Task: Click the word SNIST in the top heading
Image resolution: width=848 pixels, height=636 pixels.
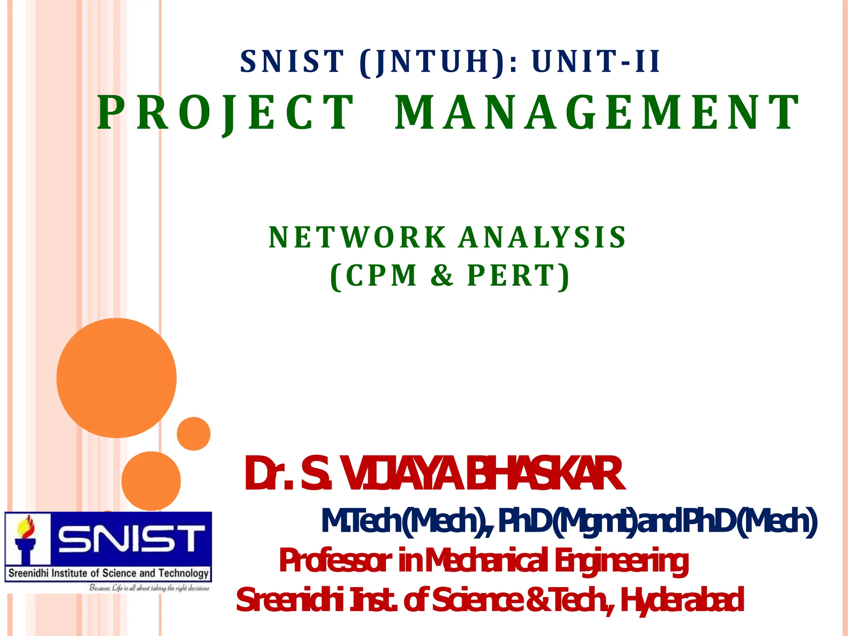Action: tap(292, 62)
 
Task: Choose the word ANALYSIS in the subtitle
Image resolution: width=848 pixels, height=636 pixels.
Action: tap(542, 238)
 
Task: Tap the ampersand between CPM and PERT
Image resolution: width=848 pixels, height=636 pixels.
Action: tap(442, 275)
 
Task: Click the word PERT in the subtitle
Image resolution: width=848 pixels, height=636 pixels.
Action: tap(518, 275)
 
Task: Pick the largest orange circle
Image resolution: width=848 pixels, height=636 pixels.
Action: tap(117, 378)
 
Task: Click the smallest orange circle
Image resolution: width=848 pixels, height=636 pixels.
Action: tap(193, 434)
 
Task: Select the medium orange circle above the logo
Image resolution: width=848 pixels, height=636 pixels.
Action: tap(151, 481)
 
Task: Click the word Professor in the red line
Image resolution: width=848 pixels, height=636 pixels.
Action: tap(335, 561)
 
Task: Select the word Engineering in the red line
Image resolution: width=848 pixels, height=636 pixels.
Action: tap(621, 561)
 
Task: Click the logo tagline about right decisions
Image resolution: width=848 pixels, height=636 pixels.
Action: tap(149, 588)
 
